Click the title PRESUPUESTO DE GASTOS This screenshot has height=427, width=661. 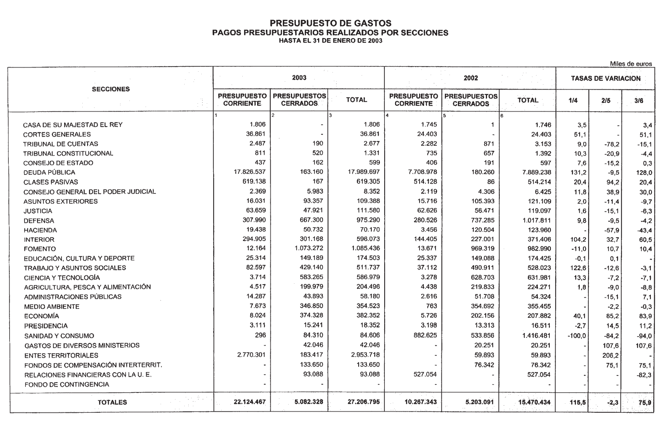coord(330,23)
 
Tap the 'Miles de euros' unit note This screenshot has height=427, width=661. coord(630,64)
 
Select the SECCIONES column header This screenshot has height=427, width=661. coord(111,89)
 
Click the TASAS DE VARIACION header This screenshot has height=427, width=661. coord(606,78)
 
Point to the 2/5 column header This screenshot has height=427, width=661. coord(606,101)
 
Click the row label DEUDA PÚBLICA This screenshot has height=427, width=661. coord(49,172)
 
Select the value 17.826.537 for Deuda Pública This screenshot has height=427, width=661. coord(250,172)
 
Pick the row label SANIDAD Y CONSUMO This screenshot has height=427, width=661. coord(59,336)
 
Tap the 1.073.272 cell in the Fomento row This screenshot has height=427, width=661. coord(308,248)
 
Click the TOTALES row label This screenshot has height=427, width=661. coord(112,402)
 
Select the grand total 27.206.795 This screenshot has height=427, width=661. coord(364,402)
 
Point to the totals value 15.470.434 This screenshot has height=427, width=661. coord(534,402)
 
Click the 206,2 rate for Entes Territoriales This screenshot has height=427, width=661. coord(610,355)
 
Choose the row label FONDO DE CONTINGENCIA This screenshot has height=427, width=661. coord(67,385)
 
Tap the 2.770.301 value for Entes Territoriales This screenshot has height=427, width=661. coord(251,355)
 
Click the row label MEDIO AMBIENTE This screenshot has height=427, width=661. coord(52,306)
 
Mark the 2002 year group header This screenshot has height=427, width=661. coord(470,78)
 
